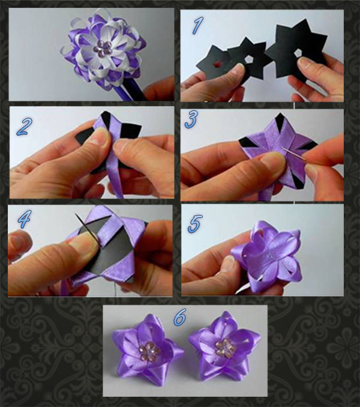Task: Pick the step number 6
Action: pyautogui.click(x=179, y=316)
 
